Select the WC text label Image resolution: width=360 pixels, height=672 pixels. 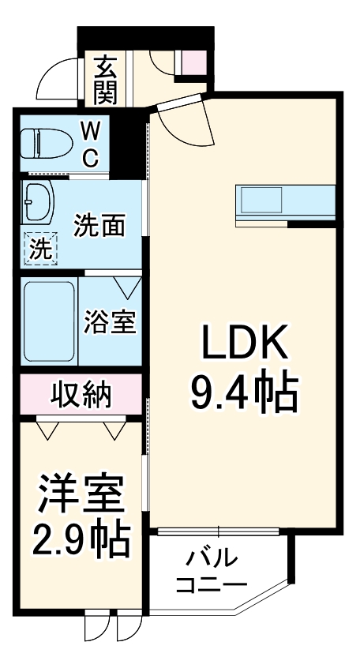click(91, 144)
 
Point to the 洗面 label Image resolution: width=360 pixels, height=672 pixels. click(99, 226)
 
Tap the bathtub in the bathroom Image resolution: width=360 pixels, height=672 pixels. click(49, 321)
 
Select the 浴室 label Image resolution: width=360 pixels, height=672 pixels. click(111, 322)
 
